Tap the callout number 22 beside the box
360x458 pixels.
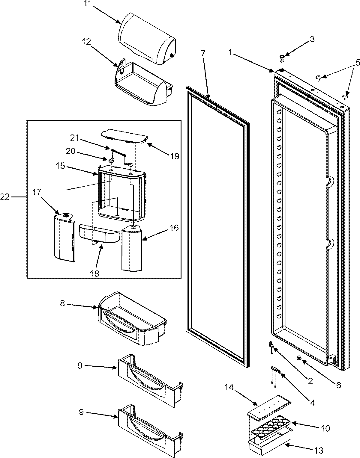(x=6, y=197)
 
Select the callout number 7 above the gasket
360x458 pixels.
(x=203, y=54)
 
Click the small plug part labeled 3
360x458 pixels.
(x=282, y=57)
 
